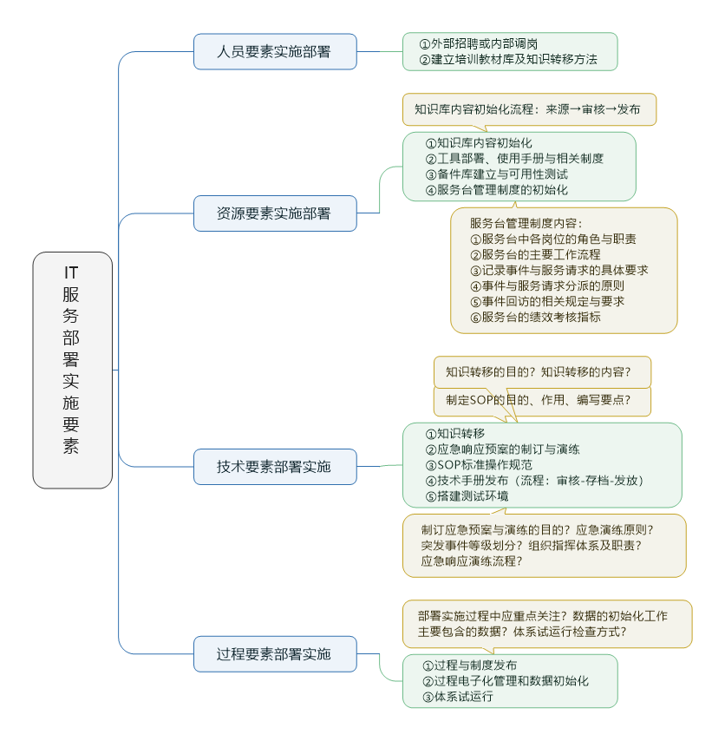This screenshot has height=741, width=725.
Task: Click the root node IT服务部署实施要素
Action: [x=72, y=370]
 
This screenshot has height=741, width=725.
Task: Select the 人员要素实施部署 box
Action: [x=274, y=52]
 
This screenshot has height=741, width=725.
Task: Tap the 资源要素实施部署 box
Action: [x=274, y=213]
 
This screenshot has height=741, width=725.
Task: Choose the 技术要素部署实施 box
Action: [x=274, y=467]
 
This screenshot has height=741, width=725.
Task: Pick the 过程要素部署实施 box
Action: [x=274, y=654]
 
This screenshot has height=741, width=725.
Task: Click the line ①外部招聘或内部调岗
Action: [x=478, y=44]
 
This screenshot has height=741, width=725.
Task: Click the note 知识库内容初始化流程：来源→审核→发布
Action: [x=527, y=109]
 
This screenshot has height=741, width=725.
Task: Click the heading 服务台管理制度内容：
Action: [x=527, y=223]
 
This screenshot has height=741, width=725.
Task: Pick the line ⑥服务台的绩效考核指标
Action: [x=535, y=317]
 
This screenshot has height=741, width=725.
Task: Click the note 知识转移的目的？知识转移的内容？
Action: [x=538, y=372]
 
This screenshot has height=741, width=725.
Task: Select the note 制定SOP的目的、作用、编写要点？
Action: [x=538, y=400]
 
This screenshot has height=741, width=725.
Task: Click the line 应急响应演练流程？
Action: [x=472, y=561]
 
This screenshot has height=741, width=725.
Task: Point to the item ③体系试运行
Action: [x=457, y=697]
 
